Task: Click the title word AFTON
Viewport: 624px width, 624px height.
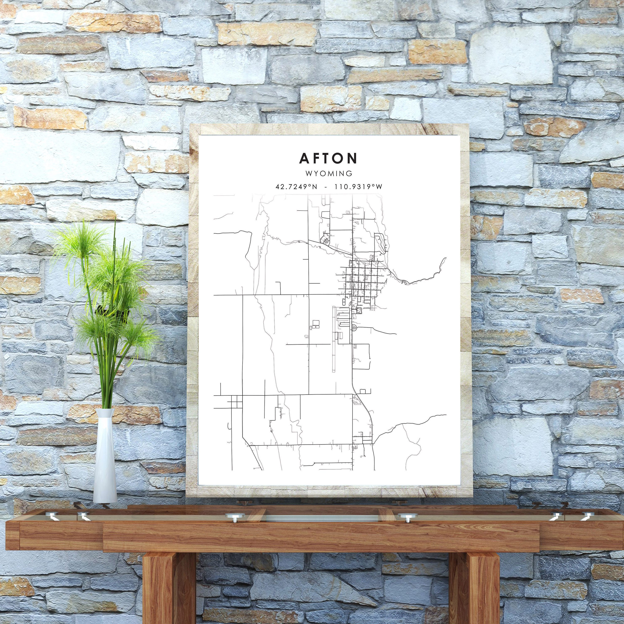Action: tap(328, 158)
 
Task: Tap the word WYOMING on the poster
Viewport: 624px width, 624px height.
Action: tap(329, 174)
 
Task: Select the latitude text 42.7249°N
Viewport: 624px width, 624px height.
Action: tap(296, 187)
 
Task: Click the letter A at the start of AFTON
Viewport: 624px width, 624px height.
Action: tap(304, 158)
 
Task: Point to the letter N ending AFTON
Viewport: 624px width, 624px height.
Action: tap(352, 158)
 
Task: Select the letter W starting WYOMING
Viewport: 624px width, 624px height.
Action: tap(309, 174)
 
